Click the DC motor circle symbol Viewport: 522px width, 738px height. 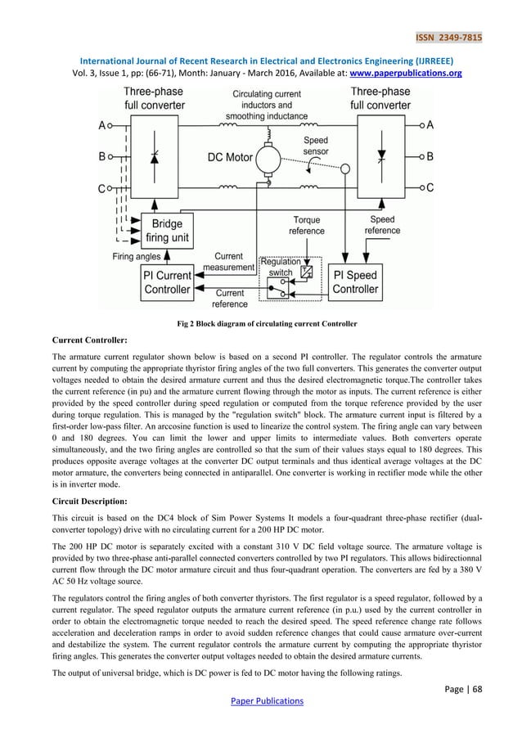click(268, 155)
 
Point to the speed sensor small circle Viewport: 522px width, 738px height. click(346, 169)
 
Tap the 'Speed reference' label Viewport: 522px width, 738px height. click(382, 225)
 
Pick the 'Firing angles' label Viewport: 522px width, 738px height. click(136, 256)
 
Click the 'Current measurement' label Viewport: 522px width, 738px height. click(230, 261)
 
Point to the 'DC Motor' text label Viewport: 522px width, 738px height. click(231, 157)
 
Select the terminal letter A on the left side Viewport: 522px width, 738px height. click(101, 127)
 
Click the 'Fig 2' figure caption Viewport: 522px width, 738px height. click(267, 324)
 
